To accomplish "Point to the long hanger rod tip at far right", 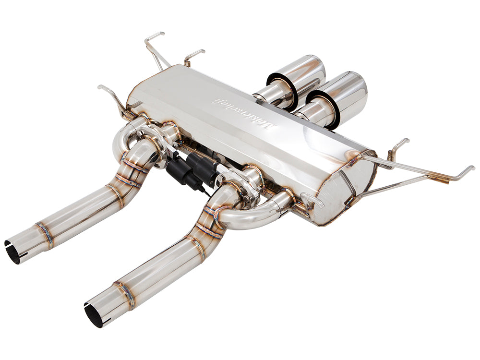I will coord(468,169).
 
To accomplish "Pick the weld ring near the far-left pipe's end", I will coord(44,233).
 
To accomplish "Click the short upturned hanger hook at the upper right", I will coord(398,146).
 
